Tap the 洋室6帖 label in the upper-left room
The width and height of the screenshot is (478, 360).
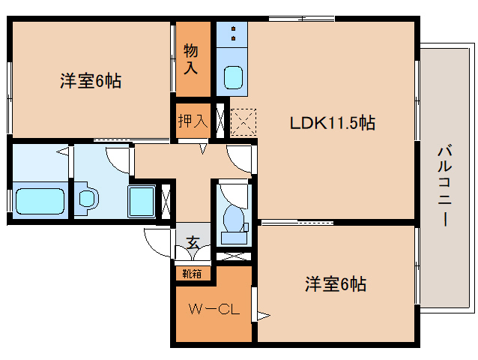coord(90,81)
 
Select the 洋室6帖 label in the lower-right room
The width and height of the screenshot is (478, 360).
coord(334,285)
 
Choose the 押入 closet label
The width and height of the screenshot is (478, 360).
coord(193,120)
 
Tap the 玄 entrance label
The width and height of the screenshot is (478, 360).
coord(193,243)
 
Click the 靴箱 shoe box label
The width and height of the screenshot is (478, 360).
coord(192,273)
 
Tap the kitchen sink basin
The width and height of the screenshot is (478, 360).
coord(233,76)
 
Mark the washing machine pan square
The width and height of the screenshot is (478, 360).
coord(142,201)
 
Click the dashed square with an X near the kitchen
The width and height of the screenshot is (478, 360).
coord(243,122)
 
